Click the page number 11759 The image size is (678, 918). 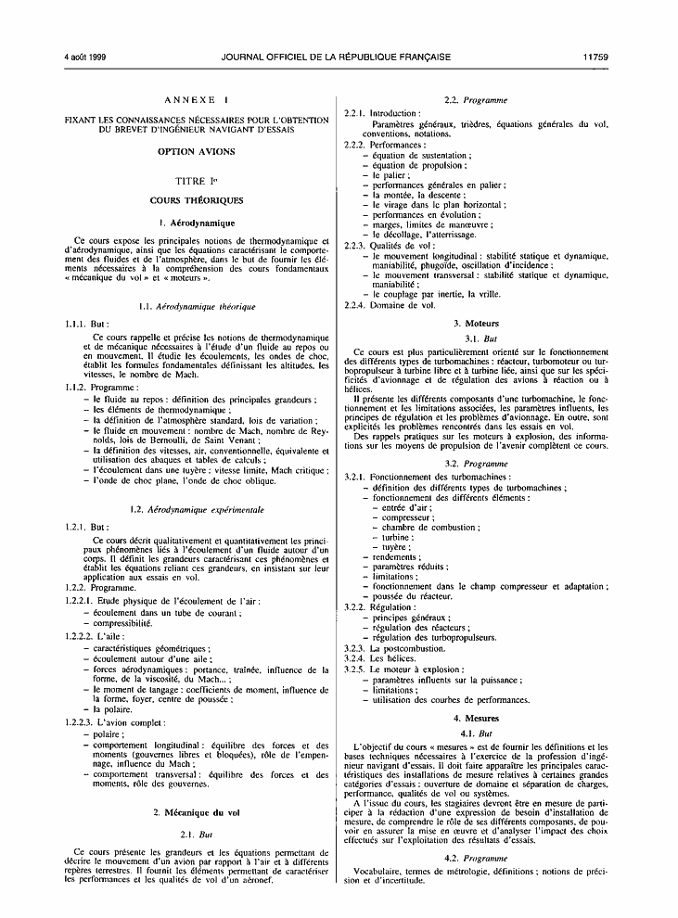tap(595, 57)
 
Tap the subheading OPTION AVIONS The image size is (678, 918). tap(196, 151)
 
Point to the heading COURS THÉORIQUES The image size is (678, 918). tap(196, 200)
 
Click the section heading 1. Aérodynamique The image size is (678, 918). tap(196, 223)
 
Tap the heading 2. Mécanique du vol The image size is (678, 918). tap(196, 813)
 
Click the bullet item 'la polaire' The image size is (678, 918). tap(109, 709)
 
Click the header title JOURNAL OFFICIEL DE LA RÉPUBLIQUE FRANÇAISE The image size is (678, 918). tap(337, 57)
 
